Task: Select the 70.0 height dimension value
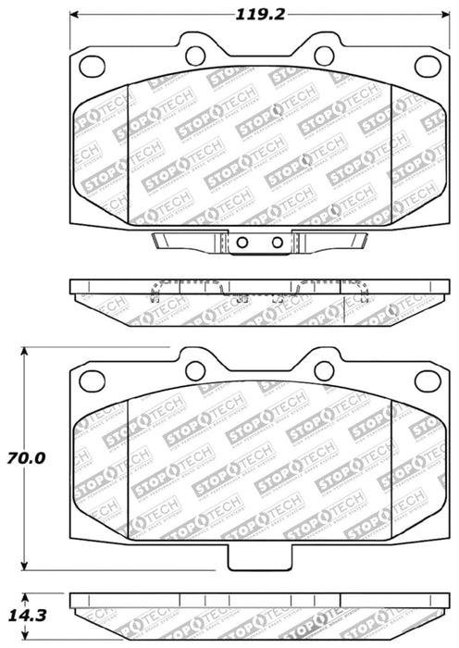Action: point(26,457)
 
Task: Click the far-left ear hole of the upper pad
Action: point(92,66)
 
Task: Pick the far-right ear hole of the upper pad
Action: point(426,66)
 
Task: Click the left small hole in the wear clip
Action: point(242,244)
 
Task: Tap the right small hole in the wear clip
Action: point(276,244)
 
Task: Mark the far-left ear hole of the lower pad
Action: point(92,380)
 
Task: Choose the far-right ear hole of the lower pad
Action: point(426,380)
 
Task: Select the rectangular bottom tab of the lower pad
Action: point(258,558)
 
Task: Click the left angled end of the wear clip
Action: point(159,243)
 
